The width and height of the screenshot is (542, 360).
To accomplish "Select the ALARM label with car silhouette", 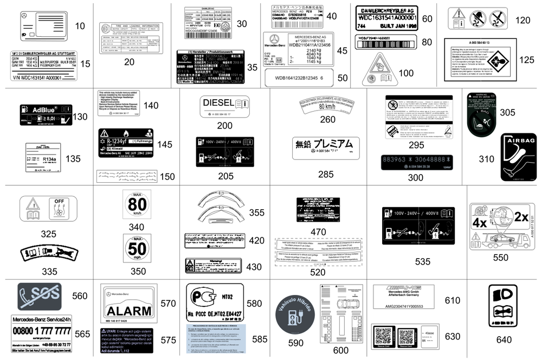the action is (128, 311).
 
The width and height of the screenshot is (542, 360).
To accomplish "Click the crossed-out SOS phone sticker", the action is (40, 296).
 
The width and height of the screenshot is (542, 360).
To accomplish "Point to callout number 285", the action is (326, 174).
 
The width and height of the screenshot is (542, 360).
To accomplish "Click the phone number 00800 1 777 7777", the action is (41, 331).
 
